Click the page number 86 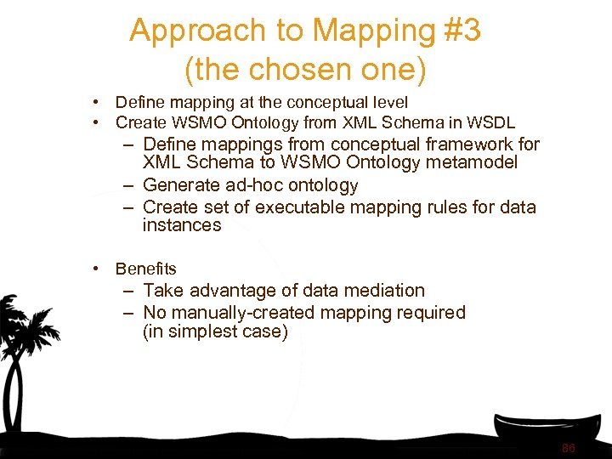tap(569, 448)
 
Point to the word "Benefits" tap(145, 269)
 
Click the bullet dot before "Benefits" tap(99, 269)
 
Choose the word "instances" tap(181, 225)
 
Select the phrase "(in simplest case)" tap(215, 331)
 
